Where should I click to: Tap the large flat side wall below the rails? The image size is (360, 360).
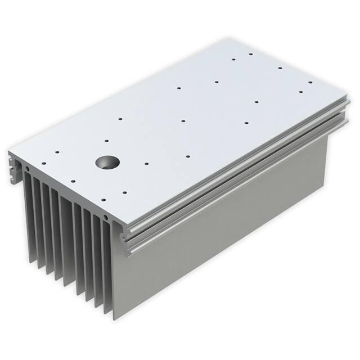click(225, 236)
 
